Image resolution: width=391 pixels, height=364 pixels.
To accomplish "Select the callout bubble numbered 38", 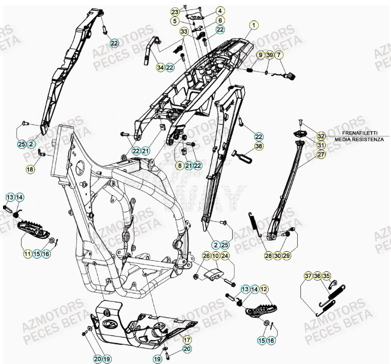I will coord(258,147).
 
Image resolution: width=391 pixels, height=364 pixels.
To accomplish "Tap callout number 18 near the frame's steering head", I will coord(31,169).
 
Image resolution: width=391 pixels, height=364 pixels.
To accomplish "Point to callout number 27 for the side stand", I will coord(321,155).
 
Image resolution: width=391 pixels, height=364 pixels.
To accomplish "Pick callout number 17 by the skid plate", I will coord(186,338).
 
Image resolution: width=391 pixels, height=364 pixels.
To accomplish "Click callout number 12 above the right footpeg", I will coord(264,289).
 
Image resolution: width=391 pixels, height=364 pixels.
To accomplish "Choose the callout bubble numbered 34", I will coord(160,68).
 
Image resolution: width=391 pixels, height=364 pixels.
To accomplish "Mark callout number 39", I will coord(270,55).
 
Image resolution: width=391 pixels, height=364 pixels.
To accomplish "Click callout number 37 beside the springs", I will coord(308,276).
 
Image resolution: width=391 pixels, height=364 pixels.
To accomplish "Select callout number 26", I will coord(206,256).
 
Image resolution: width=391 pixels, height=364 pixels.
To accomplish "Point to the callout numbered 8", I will coord(179,165).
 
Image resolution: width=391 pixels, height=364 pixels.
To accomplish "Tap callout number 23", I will coord(174,12).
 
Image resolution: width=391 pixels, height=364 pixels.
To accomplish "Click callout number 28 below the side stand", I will coord(269,256).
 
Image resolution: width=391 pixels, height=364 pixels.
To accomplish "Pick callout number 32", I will coord(321,135).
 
